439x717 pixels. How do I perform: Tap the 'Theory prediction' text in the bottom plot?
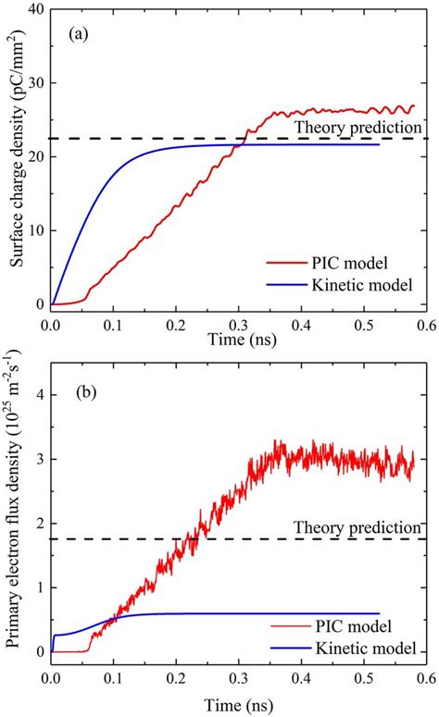pyautogui.click(x=357, y=527)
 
